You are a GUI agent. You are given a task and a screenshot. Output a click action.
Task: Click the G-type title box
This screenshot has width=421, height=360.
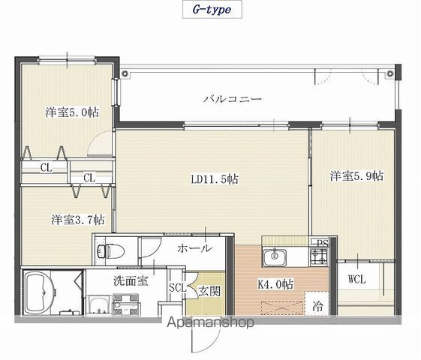(212, 10)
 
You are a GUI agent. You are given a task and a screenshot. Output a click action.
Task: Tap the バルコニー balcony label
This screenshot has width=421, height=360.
(232, 99)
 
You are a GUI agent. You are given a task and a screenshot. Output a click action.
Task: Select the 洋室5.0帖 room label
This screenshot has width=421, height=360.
(72, 112)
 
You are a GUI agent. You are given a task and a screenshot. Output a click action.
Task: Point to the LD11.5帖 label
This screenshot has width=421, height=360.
(215, 179)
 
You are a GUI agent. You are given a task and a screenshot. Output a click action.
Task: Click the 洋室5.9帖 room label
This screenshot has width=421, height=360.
(356, 176)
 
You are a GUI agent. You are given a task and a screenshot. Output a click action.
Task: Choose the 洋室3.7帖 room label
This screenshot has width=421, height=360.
(78, 220)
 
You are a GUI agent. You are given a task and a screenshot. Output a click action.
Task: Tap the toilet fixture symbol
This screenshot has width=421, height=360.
(110, 251)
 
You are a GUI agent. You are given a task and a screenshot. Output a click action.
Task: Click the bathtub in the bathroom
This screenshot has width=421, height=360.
(40, 293)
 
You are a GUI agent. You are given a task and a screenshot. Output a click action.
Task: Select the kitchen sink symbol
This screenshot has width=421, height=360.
(275, 257)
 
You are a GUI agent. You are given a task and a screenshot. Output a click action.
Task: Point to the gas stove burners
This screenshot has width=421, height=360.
(319, 256)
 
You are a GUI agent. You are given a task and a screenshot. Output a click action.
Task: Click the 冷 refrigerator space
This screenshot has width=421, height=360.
(317, 306)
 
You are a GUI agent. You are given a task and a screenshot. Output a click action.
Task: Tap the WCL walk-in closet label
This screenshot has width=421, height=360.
(356, 280)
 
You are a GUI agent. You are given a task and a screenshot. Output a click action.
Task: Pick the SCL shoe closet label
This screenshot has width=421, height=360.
(177, 287)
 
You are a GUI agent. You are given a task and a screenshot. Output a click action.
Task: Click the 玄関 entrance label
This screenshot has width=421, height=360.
(209, 291)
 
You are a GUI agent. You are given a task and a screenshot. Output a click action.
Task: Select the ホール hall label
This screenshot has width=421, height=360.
(194, 248)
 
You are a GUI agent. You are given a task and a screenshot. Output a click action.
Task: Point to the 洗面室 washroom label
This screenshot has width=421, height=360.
(131, 280)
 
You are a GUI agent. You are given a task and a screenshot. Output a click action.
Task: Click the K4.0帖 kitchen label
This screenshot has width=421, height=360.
(275, 284)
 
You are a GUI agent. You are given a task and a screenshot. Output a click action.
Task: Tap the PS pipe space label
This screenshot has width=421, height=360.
(323, 243)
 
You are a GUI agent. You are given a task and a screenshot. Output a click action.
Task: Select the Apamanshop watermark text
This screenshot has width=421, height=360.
(210, 322)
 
